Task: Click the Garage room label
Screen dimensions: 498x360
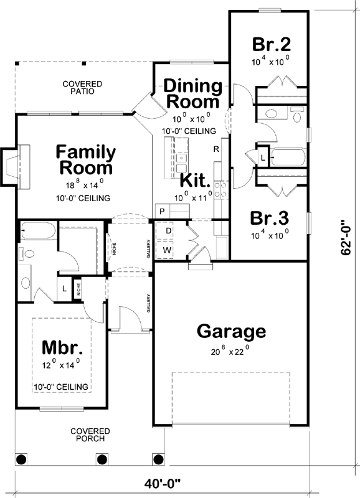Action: pyautogui.click(x=231, y=331)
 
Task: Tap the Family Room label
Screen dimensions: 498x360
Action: pyautogui.click(x=86, y=160)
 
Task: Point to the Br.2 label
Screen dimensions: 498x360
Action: pyautogui.click(x=272, y=45)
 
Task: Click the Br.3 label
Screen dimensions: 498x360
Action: pyautogui.click(x=269, y=218)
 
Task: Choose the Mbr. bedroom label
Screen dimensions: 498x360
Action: pyautogui.click(x=62, y=346)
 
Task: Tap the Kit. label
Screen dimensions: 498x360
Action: pyautogui.click(x=195, y=181)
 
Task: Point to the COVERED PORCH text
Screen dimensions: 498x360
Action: pyautogui.click(x=90, y=435)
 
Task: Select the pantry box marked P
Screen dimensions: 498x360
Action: pyautogui.click(x=161, y=212)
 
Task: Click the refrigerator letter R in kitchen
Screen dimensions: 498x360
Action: pyautogui.click(x=216, y=149)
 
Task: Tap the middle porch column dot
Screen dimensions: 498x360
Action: pyautogui.click(x=100, y=460)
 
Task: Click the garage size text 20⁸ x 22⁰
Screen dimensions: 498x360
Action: pyautogui.click(x=230, y=350)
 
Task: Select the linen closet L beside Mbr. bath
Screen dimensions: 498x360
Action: pyautogui.click(x=64, y=289)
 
